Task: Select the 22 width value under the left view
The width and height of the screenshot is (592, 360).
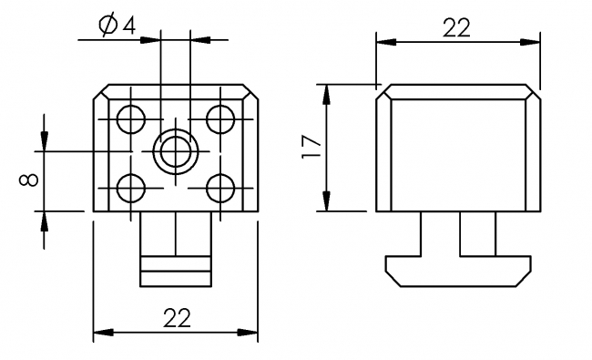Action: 176,318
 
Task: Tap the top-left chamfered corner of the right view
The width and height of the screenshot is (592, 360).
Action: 385,92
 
